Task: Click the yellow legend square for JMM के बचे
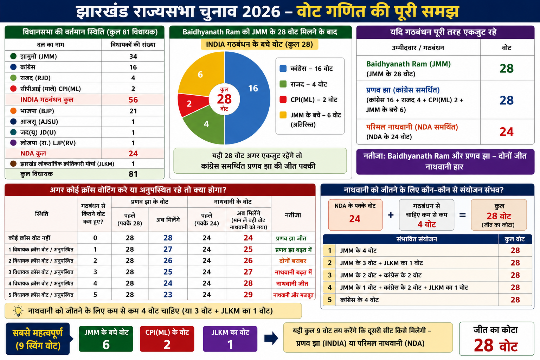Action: pos(283,115)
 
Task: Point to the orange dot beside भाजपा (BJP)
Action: pos(13,111)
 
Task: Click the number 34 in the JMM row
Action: pos(133,56)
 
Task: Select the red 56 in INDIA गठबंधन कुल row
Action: pos(133,99)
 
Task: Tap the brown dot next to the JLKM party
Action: pos(13,164)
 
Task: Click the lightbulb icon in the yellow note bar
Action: pos(18,311)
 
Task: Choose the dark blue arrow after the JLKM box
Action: pos(271,338)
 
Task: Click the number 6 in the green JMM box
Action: pos(106,345)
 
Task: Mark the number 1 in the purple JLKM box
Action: pos(230,345)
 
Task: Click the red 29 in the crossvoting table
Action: pos(248,294)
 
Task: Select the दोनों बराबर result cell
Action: pos(292,261)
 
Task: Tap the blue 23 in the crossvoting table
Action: pos(168,294)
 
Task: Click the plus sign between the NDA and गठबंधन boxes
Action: pos(391,215)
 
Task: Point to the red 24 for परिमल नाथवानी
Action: pos(507,132)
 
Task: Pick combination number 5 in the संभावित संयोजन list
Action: pos(329,300)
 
